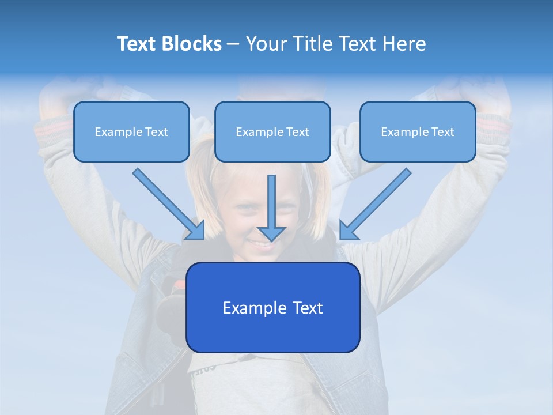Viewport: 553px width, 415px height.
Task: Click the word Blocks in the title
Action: pyautogui.click(x=192, y=44)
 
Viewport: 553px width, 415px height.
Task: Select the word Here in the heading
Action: pyautogui.click(x=404, y=44)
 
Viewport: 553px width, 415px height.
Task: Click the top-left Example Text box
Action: pyautogui.click(x=131, y=132)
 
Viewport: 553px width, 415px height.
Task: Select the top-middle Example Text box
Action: pyautogui.click(x=272, y=132)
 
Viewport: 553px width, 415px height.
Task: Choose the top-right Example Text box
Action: pyautogui.click(x=418, y=132)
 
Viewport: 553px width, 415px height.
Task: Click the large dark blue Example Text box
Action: pyautogui.click(x=273, y=308)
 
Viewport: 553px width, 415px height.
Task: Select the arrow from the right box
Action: pyautogui.click(x=377, y=202)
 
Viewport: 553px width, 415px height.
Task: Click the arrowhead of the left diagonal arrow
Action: pyautogui.click(x=196, y=231)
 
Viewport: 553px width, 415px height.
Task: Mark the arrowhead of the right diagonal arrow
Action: pyautogui.click(x=348, y=230)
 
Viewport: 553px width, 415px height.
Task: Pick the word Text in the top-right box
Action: pyautogui.click(x=442, y=132)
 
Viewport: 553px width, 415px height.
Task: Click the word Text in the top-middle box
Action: pyautogui.click(x=297, y=132)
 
